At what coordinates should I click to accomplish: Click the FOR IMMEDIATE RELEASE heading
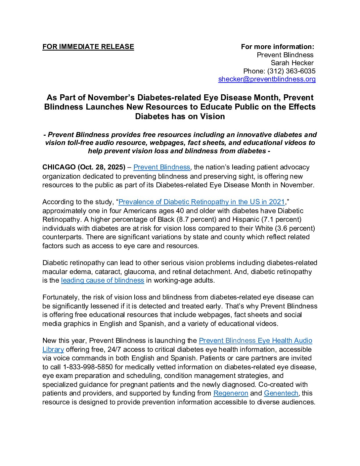88,47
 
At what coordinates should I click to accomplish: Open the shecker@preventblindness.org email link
267,79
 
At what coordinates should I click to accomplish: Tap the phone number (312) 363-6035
291,71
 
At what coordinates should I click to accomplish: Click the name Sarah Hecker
292,63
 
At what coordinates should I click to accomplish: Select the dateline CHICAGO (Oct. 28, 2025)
84,167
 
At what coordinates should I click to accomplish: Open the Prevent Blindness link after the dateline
161,167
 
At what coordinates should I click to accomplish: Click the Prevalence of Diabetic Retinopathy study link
202,202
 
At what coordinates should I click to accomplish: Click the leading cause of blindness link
103,280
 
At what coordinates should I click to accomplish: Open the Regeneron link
231,393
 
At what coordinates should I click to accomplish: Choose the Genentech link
281,393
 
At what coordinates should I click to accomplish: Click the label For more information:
277,47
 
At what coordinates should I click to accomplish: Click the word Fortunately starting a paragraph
61,297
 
